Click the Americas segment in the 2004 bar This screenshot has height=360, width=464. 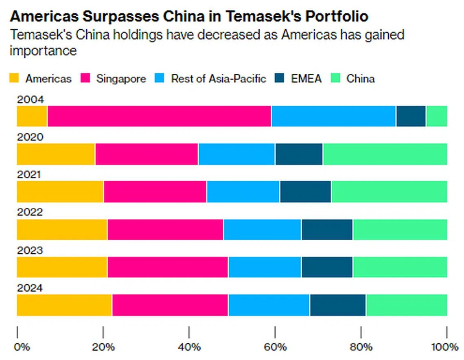(x=32, y=116)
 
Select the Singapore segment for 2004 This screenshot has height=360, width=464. (x=159, y=116)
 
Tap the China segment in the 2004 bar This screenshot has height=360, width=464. (x=436, y=116)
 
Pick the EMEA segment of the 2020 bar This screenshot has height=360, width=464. (x=299, y=154)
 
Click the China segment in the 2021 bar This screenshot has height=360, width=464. (x=389, y=192)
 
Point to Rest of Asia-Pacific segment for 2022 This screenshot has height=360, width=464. (x=262, y=230)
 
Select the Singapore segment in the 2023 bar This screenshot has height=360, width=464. (x=168, y=267)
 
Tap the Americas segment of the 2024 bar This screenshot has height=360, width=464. (x=64, y=305)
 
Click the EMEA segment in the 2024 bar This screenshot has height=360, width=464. (x=338, y=305)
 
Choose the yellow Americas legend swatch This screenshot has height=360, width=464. (x=14, y=79)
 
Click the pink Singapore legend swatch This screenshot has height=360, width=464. (x=85, y=79)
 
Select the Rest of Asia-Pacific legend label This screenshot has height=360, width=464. (x=219, y=79)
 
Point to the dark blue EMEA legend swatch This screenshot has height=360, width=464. (x=280, y=79)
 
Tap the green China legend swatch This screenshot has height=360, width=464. (x=335, y=79)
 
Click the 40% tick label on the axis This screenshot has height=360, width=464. (x=189, y=347)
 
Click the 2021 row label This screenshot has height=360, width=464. (x=29, y=175)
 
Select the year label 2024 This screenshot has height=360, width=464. (x=29, y=288)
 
